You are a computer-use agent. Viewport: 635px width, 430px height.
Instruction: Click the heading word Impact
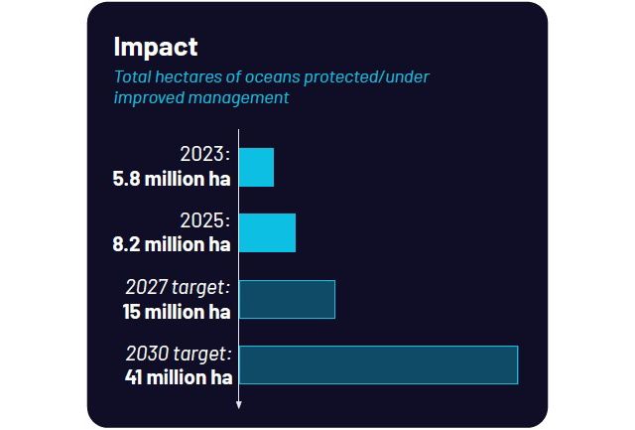(x=156, y=47)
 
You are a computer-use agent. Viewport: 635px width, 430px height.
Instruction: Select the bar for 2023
(x=257, y=167)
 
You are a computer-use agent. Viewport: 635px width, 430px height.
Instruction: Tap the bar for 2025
(x=268, y=232)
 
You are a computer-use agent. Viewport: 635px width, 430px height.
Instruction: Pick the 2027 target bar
(x=288, y=299)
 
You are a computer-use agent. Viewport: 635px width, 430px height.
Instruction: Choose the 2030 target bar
(x=379, y=364)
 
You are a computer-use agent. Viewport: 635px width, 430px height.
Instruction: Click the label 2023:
(x=205, y=155)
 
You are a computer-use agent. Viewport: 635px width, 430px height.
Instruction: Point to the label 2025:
(x=205, y=220)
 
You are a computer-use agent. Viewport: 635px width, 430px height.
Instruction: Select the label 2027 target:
(x=178, y=287)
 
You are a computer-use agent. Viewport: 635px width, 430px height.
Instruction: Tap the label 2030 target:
(x=178, y=353)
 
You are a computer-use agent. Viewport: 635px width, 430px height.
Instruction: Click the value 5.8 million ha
(x=172, y=180)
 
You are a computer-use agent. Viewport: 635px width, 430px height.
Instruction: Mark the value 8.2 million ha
(x=172, y=244)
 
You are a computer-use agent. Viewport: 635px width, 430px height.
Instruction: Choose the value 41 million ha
(x=179, y=376)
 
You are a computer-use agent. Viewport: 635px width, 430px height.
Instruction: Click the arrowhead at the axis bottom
(x=239, y=404)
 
